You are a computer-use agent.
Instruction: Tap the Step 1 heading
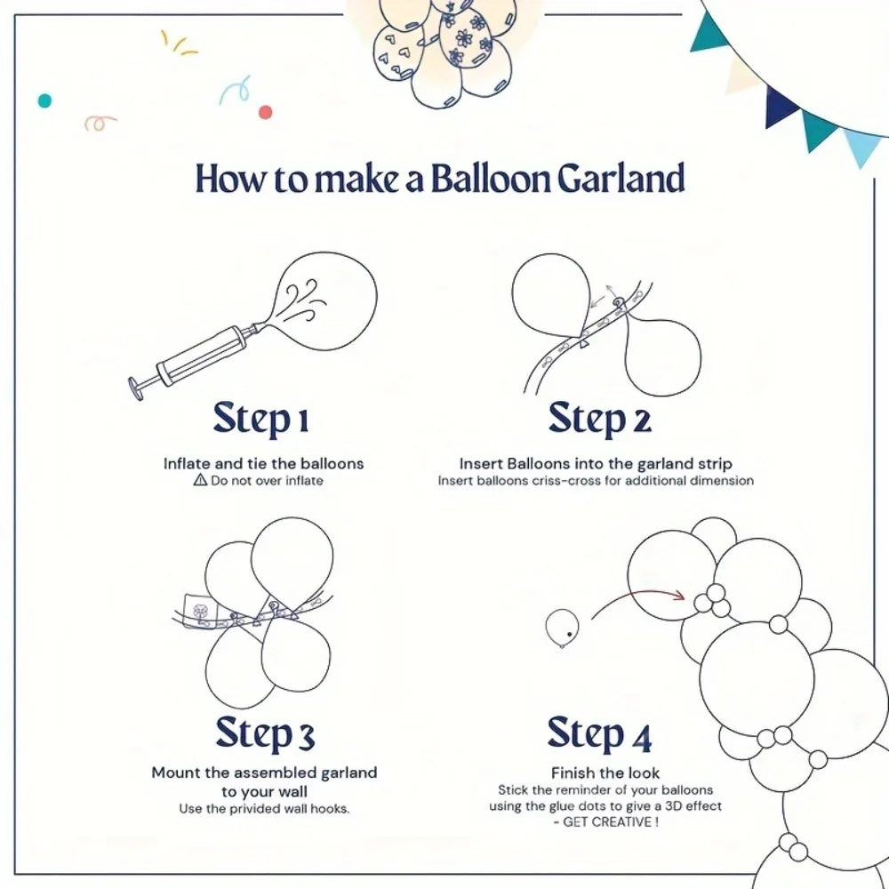coord(260,419)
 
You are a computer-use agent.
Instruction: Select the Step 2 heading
coord(599,419)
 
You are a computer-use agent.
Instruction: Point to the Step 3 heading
coord(265,734)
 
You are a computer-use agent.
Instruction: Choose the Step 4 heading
coord(599,734)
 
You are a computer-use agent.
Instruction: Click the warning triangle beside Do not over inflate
coord(200,480)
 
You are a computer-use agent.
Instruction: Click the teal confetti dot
coord(44,100)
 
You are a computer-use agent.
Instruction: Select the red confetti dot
coord(265,112)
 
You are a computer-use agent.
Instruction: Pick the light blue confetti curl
coord(235,90)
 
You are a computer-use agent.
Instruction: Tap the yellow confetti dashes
coord(178,43)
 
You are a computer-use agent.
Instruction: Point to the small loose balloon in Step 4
coord(561,626)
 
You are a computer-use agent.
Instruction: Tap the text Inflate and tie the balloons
coord(263,463)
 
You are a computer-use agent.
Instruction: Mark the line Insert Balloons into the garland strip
coord(596,463)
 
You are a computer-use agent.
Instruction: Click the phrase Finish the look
coord(605,773)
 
